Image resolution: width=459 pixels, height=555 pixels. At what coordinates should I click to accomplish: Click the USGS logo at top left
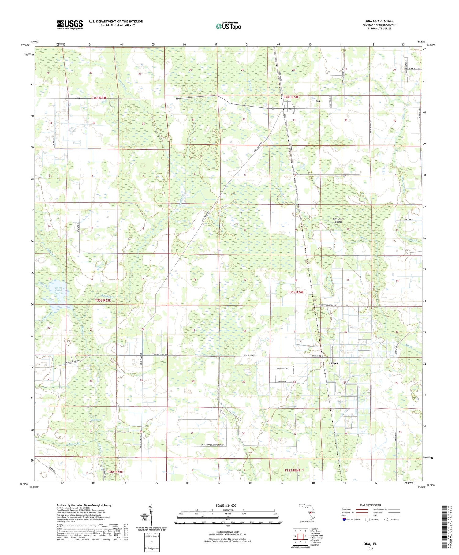pyautogui.click(x=70, y=24)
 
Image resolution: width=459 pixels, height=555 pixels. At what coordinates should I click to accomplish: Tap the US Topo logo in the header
pyautogui.click(x=228, y=26)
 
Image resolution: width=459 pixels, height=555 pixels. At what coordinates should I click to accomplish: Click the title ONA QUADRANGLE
pyautogui.click(x=379, y=21)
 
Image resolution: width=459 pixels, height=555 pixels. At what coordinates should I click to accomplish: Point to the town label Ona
pyautogui.click(x=317, y=101)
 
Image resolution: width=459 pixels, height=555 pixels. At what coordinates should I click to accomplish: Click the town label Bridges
pyautogui.click(x=333, y=363)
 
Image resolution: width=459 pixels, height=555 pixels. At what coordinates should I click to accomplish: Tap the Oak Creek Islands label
pyautogui.click(x=338, y=220)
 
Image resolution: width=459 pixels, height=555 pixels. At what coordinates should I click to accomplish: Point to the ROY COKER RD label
pyautogui.click(x=282, y=369)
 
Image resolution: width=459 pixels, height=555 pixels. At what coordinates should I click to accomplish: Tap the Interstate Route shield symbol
pyautogui.click(x=344, y=519)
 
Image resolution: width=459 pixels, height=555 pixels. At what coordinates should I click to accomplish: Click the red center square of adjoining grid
pyautogui.click(x=300, y=536)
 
